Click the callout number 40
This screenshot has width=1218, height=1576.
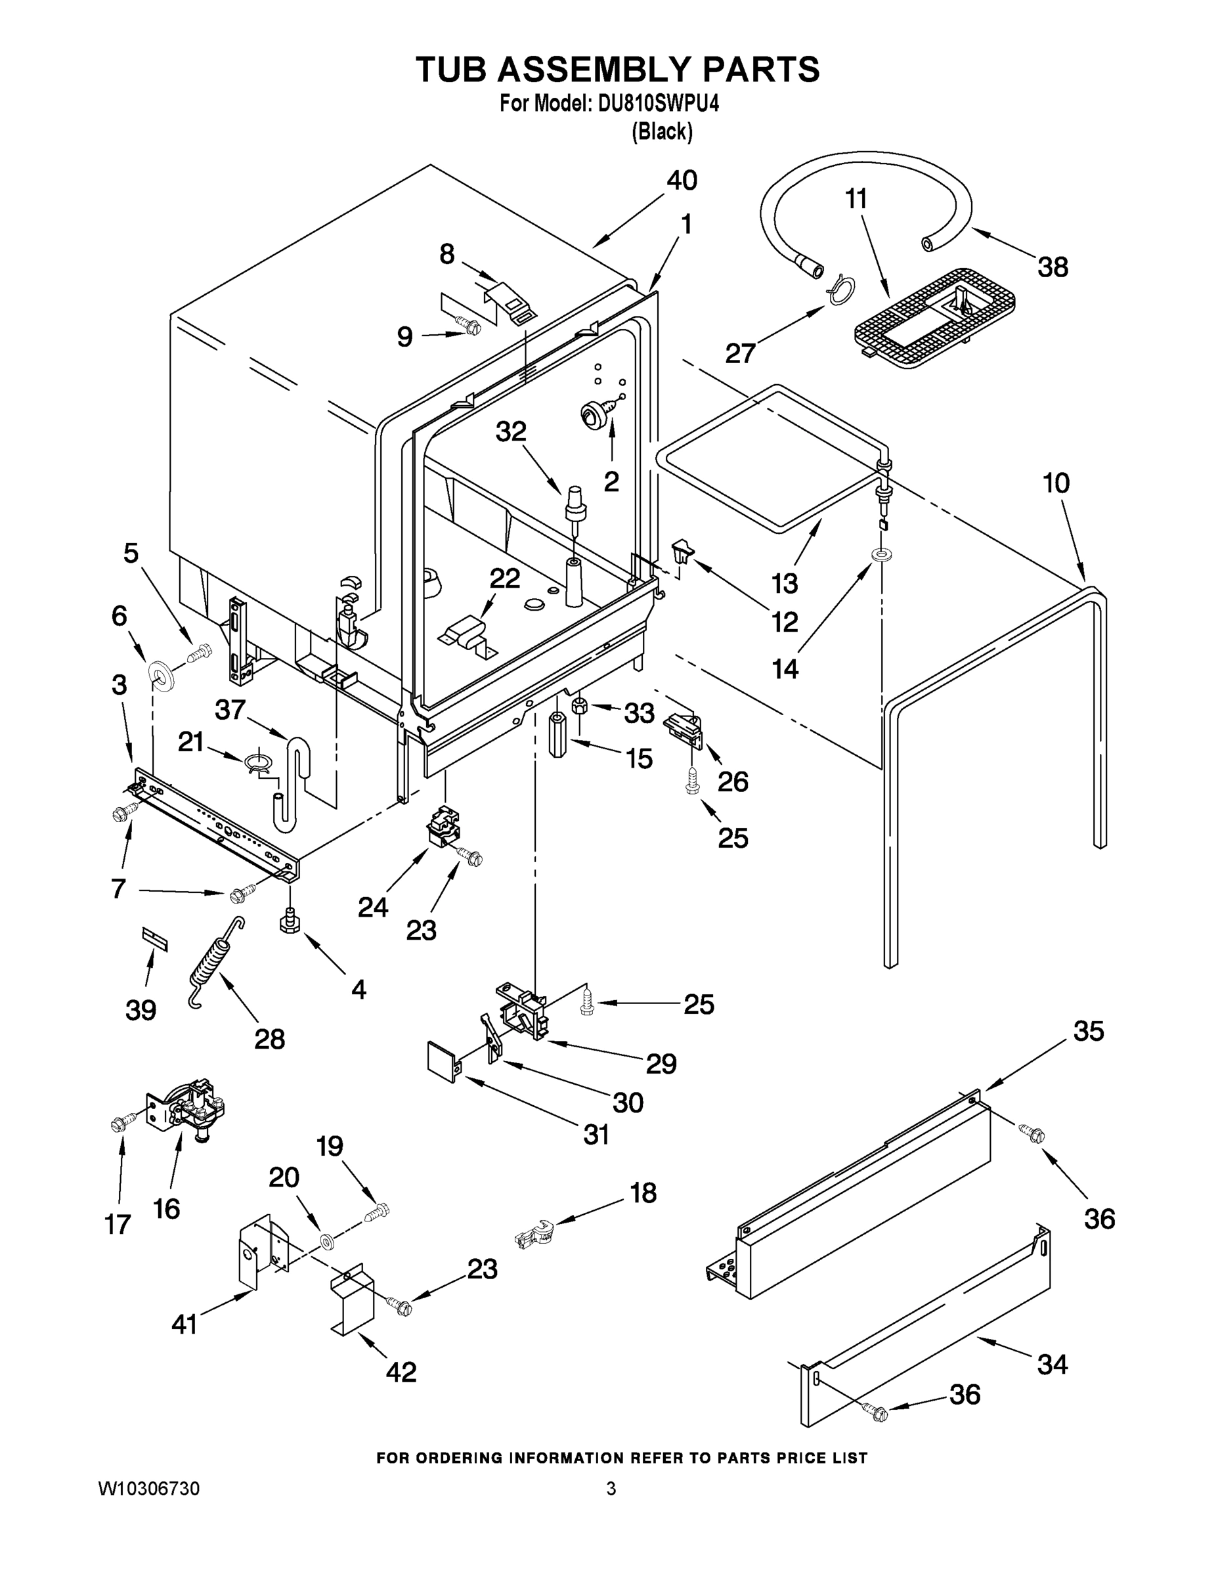tap(681, 181)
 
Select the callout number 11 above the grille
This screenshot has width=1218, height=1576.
tap(856, 198)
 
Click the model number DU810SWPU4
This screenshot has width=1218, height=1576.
tap(658, 104)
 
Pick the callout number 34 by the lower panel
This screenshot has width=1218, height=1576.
tap(1052, 1365)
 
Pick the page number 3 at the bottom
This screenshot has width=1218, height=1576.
tap(611, 1489)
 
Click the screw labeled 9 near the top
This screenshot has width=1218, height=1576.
tap(469, 328)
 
